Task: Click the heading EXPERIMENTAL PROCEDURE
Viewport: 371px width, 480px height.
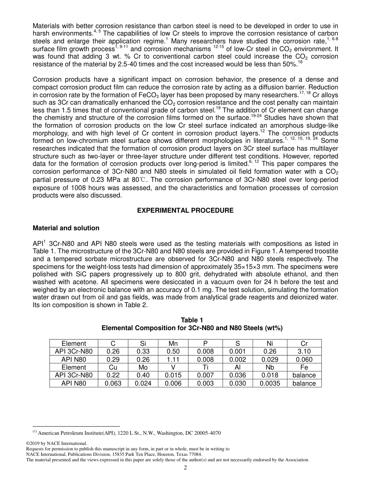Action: coord(185,210)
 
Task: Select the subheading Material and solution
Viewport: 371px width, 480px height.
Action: coord(66,228)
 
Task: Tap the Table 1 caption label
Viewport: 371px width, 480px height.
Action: coord(192,320)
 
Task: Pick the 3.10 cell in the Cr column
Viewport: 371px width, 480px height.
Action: coord(304,351)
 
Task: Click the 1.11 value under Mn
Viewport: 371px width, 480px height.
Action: coord(173,359)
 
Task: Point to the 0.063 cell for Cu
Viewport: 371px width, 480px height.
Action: coord(113,383)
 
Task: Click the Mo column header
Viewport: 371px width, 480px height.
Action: coord(143,367)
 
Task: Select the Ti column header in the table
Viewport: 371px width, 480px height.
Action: coord(205,367)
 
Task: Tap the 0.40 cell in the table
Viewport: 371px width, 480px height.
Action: coord(143,375)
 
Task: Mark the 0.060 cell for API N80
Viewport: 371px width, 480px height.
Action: coord(304,359)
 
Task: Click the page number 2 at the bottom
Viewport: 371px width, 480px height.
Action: coord(185,468)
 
